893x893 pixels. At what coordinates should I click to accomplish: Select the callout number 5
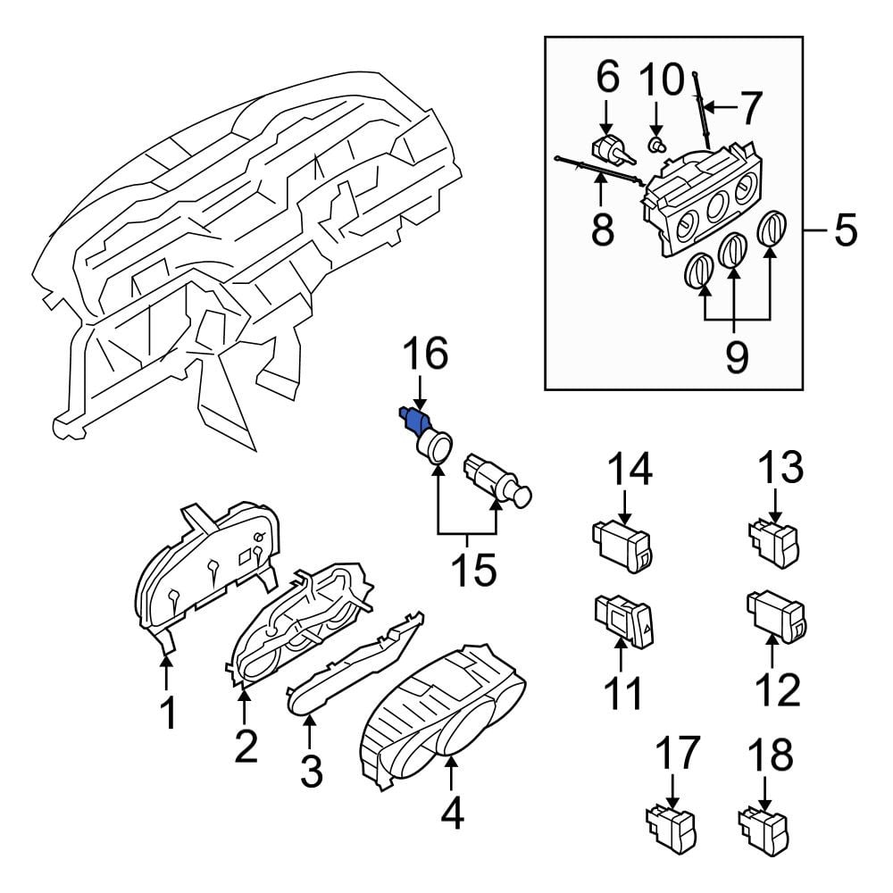coord(845,230)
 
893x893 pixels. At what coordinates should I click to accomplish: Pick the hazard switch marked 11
coord(623,622)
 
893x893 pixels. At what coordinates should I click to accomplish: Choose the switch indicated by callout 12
coord(778,616)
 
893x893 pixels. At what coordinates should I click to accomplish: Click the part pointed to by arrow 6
coord(613,150)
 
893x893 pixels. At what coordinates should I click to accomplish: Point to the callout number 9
coord(737,356)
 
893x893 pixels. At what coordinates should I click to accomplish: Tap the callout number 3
coord(312,771)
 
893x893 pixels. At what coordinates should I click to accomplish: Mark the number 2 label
coord(246,746)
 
